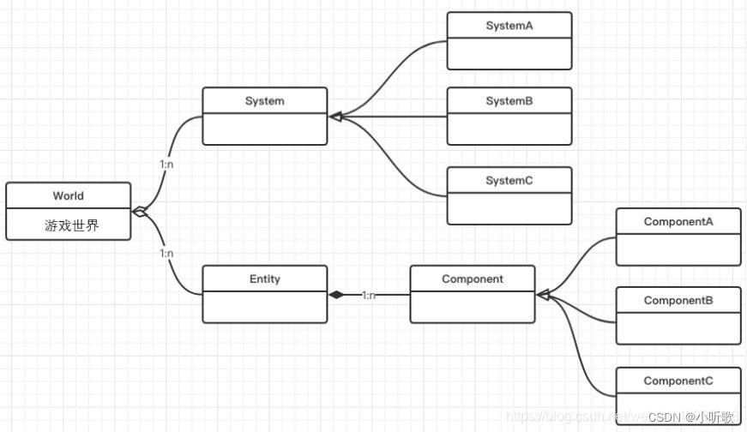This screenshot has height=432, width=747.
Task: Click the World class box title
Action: pos(68,195)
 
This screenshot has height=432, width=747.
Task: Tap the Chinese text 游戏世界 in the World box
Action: pos(71,225)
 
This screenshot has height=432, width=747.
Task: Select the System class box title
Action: pos(264,101)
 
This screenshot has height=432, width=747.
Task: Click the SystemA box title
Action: pos(509,26)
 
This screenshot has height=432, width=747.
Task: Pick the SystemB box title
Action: pos(509,101)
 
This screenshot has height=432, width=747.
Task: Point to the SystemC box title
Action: pos(509,181)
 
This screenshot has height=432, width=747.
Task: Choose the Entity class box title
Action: pos(264,279)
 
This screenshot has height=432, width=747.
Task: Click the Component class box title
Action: pos(473,279)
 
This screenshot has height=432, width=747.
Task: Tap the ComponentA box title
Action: pos(678,222)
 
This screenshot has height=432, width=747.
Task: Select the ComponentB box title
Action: pos(678,301)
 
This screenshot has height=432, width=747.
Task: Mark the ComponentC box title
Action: pos(678,381)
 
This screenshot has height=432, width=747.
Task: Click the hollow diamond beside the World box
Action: pos(140,212)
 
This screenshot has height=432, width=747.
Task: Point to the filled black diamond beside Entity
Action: pos(336,295)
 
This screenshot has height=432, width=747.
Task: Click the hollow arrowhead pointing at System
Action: pos(335,116)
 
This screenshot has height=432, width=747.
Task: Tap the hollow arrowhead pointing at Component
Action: pos(544,295)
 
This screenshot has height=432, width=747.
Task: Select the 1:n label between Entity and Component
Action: pos(369,295)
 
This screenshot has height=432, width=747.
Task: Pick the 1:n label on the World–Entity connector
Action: pos(166,254)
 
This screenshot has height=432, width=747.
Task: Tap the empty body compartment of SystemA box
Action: pos(509,53)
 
